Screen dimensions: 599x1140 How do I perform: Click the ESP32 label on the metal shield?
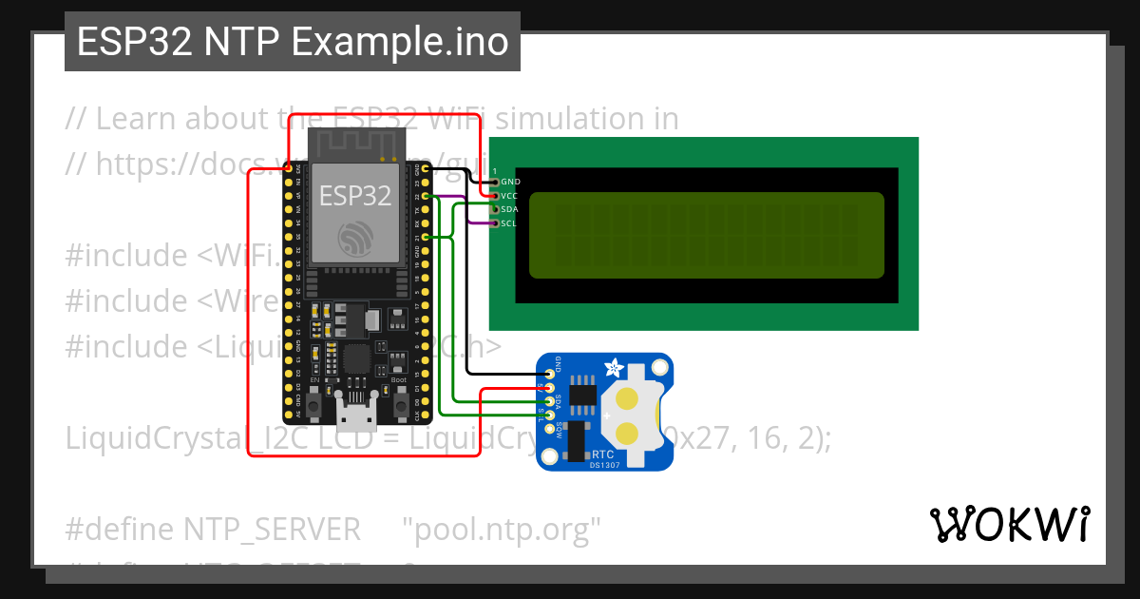pyautogui.click(x=355, y=196)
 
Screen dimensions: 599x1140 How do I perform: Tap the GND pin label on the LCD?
pyautogui.click(x=510, y=182)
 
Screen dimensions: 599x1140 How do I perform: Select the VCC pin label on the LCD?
pyautogui.click(x=510, y=195)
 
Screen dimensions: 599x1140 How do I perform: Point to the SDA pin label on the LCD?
pyautogui.click(x=510, y=209)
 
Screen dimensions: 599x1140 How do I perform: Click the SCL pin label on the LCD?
pyautogui.click(x=509, y=223)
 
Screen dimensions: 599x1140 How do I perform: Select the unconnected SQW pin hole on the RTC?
pyautogui.click(x=549, y=429)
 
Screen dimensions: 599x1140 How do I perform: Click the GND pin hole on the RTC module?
pyautogui.click(x=549, y=374)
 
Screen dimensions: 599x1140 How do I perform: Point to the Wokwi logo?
pyautogui.click(x=1009, y=525)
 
